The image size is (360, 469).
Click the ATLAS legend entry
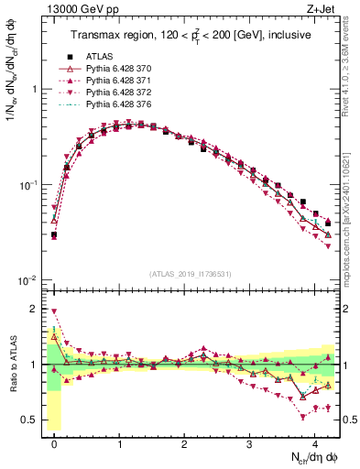pyautogui.click(x=99, y=55)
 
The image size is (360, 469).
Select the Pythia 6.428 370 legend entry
pyautogui.click(x=115, y=68)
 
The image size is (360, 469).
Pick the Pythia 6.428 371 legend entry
pyautogui.click(x=115, y=81)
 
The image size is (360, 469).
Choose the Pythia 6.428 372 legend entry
pyautogui.click(x=115, y=93)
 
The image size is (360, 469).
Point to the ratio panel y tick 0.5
pyautogui.click(x=33, y=420)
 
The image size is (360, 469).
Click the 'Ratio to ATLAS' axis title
pyautogui.click(x=12, y=364)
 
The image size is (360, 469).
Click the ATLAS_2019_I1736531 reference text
pyautogui.click(x=184, y=274)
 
